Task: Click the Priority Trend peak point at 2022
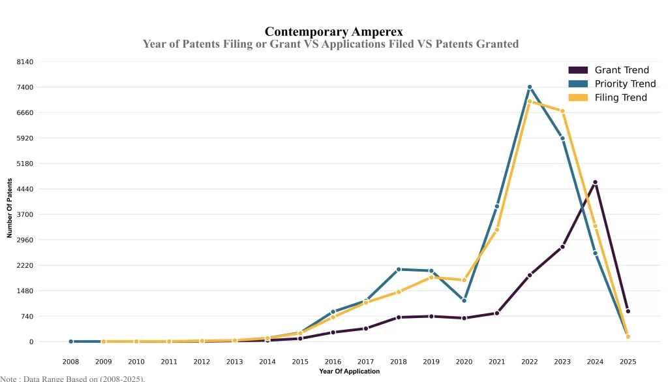pyautogui.click(x=530, y=87)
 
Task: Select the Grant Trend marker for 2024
pyautogui.click(x=595, y=182)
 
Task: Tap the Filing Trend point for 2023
pyautogui.click(x=562, y=111)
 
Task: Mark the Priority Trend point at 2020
pyautogui.click(x=464, y=300)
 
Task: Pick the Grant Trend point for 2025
pyautogui.click(x=628, y=311)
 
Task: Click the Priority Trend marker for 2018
pyautogui.click(x=399, y=269)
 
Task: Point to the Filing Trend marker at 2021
pyautogui.click(x=497, y=229)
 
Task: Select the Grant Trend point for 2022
pyautogui.click(x=530, y=275)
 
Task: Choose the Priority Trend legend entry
pyautogui.click(x=611, y=84)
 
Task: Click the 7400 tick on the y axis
pyautogui.click(x=25, y=87)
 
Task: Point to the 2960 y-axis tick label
pyautogui.click(x=25, y=240)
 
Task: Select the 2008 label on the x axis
pyautogui.click(x=70, y=361)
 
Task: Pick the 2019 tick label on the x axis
pyautogui.click(x=431, y=361)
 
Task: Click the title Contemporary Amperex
pyautogui.click(x=333, y=31)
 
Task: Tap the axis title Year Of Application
pyautogui.click(x=349, y=372)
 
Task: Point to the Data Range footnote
pyautogui.click(x=72, y=378)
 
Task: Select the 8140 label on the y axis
pyautogui.click(x=25, y=61)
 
